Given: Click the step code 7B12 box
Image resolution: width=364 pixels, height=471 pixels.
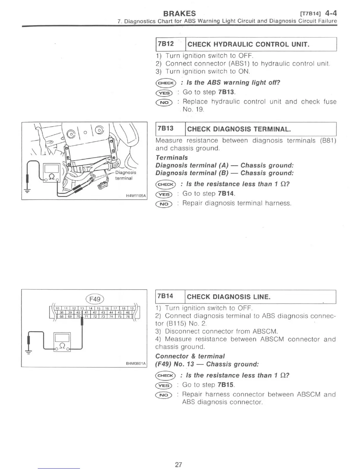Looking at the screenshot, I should point(166,44).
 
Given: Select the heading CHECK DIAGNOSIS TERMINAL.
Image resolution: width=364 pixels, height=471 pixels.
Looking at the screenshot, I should point(239,129).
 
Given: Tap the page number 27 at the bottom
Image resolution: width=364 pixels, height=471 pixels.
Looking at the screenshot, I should point(178,464).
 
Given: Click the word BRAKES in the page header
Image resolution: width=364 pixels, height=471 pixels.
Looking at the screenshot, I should point(180,13).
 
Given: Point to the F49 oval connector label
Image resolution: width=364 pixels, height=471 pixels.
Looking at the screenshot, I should point(95,299).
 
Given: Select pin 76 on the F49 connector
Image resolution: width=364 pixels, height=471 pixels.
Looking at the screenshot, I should point(128,316).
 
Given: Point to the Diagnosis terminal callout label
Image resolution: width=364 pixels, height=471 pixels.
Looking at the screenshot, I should point(125,175).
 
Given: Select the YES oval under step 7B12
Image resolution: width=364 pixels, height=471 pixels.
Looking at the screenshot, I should point(164,93).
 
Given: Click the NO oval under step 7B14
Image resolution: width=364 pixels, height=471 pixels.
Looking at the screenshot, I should point(164,395).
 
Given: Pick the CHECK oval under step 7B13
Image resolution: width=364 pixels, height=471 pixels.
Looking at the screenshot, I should point(166,184).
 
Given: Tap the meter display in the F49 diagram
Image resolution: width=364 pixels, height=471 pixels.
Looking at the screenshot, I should point(62,338).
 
